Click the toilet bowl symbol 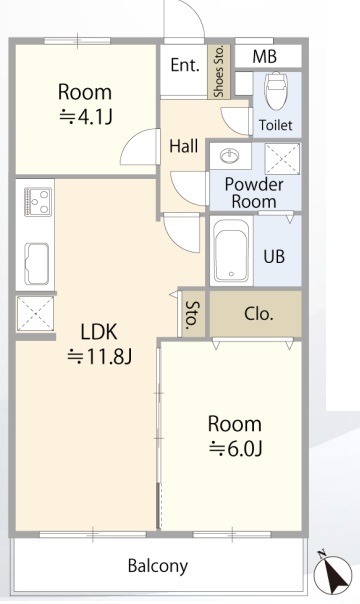(x=276, y=91)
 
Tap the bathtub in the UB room (x=231, y=251)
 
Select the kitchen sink (x=37, y=264)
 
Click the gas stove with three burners (x=38, y=202)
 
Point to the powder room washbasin (x=230, y=156)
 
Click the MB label (x=265, y=57)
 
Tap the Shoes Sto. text (x=219, y=72)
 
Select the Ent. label (x=185, y=65)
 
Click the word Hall (x=184, y=146)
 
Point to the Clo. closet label (x=259, y=314)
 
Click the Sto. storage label (x=193, y=314)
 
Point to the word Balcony (x=158, y=566)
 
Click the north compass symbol (x=333, y=572)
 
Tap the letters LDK (x=99, y=332)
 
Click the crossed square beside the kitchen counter (x=35, y=314)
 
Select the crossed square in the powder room (x=282, y=158)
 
